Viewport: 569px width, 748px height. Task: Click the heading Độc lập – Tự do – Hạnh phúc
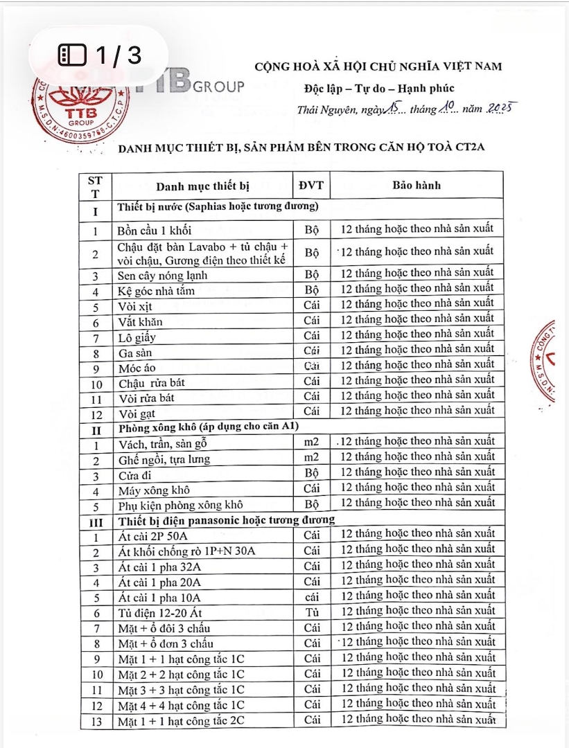379,88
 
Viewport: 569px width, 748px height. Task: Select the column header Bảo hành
416,185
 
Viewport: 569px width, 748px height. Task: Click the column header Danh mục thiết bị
202,186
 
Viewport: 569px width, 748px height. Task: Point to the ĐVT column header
311,185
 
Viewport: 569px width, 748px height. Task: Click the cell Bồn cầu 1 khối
155,230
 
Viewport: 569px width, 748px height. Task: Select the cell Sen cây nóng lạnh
163,276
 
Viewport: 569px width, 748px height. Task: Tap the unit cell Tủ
311,612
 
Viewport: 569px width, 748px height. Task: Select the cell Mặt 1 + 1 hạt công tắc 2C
181,720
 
